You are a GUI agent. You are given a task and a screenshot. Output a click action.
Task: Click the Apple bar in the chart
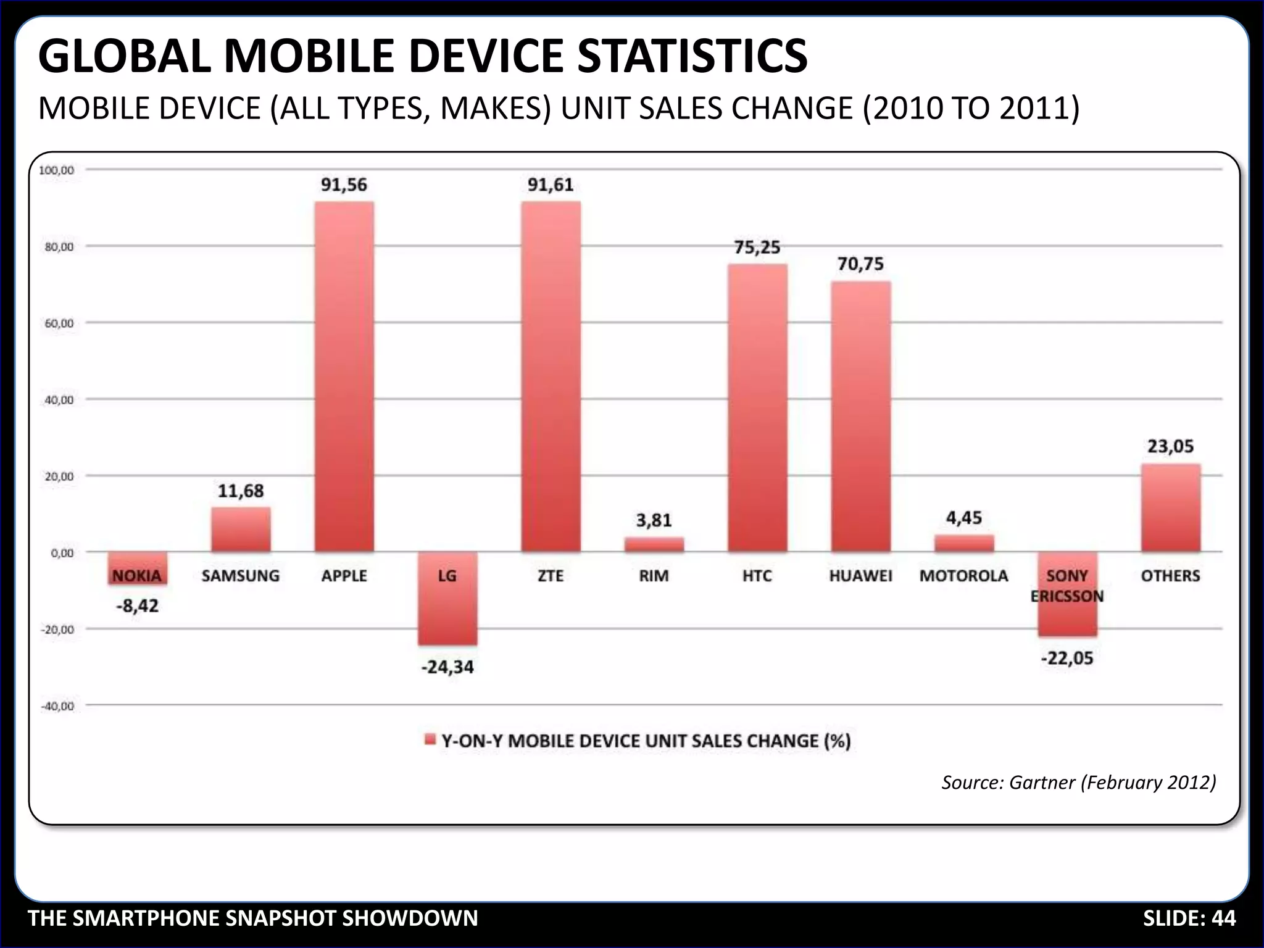(344, 376)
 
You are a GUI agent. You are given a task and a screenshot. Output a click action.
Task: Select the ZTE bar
(551, 376)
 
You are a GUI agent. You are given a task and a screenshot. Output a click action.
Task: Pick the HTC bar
(757, 407)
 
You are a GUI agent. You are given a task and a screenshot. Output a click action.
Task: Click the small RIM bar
(654, 544)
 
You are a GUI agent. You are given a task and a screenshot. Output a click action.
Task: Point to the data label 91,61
(551, 185)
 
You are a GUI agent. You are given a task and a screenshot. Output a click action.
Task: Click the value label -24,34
(447, 667)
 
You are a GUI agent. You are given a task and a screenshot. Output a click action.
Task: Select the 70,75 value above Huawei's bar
(860, 264)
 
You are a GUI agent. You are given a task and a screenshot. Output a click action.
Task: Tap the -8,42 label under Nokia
(137, 606)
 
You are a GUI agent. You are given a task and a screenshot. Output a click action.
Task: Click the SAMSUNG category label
(240, 576)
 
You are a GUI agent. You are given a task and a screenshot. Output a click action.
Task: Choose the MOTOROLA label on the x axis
(963, 576)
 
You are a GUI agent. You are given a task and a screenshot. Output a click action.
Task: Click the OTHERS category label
(1170, 576)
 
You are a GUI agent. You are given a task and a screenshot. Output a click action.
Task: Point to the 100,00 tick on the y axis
(57, 170)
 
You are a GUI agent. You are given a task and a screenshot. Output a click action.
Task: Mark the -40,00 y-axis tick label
(57, 706)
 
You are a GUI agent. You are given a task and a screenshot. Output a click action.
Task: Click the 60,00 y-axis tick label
(59, 323)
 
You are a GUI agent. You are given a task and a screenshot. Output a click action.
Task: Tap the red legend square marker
(430, 740)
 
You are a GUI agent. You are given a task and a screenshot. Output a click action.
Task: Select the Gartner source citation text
(1078, 783)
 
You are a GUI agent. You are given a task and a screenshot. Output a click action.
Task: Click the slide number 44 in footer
(1223, 918)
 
